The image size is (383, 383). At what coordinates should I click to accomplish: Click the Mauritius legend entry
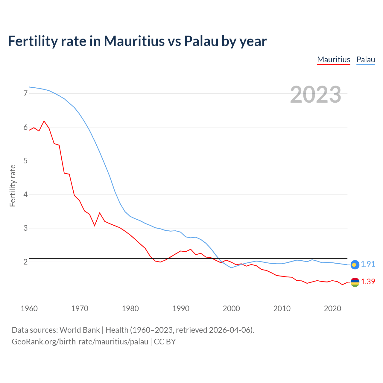point(333,60)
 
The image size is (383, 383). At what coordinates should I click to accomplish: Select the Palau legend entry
point(366,60)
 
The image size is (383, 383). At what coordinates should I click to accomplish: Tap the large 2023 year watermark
point(316,95)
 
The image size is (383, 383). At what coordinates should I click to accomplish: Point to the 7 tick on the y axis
point(25,94)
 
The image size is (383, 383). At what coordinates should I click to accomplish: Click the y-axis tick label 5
point(25,161)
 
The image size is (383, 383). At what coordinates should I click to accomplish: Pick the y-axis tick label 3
point(25,228)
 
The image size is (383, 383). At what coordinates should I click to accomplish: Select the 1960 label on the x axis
point(29,308)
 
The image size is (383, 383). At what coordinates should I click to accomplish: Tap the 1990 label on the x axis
point(181,308)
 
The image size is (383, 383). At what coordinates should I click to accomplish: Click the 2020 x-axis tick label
point(332,308)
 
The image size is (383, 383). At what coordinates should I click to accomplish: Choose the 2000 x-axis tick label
point(231,308)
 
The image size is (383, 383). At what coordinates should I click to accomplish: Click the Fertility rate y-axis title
point(13,186)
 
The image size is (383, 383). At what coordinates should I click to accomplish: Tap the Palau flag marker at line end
point(355,264)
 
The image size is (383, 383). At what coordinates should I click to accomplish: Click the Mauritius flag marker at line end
point(355,282)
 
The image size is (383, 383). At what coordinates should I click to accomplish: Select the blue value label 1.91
point(368,264)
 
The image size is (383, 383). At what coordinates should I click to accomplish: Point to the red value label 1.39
point(368,282)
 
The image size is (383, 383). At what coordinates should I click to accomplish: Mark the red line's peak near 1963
point(44,121)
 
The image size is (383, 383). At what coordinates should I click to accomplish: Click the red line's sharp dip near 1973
point(95,226)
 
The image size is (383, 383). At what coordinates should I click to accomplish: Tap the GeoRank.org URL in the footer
point(80,342)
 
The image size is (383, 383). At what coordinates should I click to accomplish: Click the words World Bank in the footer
point(80,330)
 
